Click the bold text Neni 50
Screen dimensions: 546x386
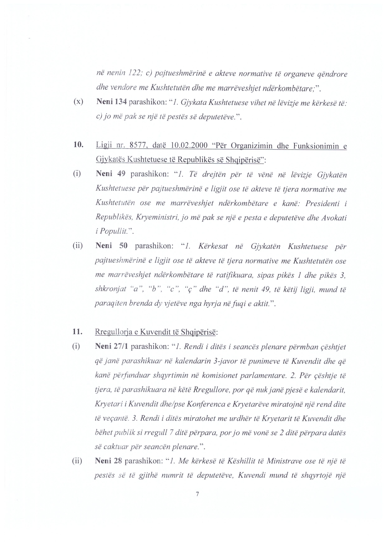coord(112,246)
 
